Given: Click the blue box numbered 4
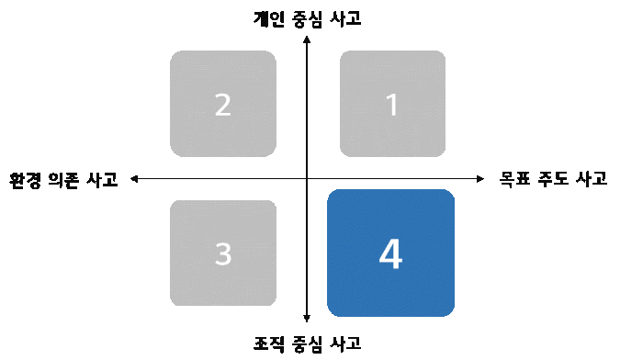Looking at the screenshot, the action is tap(390, 253).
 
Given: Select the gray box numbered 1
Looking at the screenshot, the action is tap(392, 104).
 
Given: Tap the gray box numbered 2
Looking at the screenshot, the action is tap(223, 104).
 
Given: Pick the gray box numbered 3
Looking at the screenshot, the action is tap(223, 253).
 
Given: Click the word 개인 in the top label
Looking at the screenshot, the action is tap(268, 17).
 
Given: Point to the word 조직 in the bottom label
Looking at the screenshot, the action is tap(268, 344).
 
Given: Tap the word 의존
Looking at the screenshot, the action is tap(63, 179).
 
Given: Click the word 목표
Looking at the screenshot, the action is tap(514, 179).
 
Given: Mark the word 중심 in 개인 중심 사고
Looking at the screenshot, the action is tap(308, 17).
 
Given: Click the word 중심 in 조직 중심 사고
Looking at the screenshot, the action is tap(308, 344).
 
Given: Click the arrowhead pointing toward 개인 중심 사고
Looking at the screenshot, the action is tap(307, 38).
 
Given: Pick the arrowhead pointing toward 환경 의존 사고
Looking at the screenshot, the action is tap(134, 178).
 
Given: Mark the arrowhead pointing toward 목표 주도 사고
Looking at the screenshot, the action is tap(479, 178).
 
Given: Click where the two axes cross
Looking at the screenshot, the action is tap(307, 178).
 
